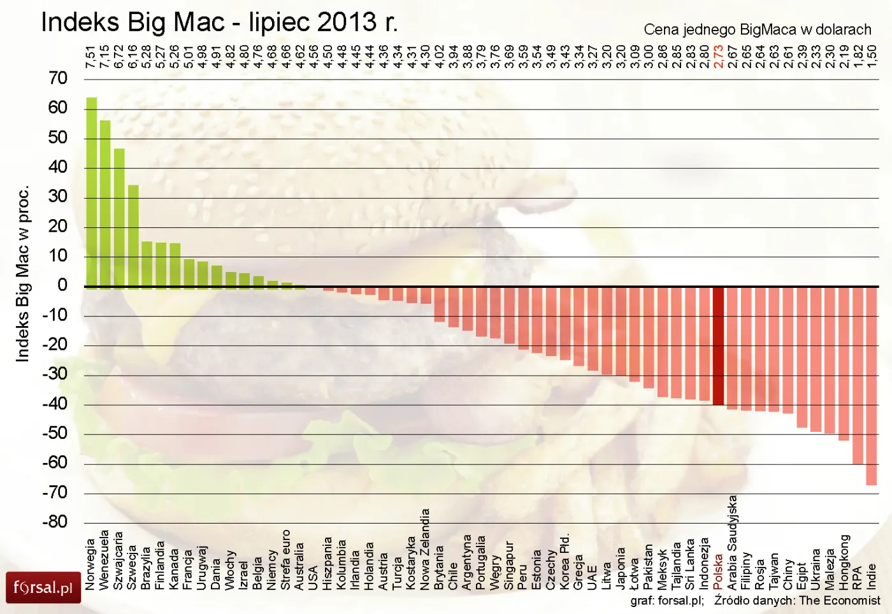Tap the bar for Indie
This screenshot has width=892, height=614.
(x=871, y=385)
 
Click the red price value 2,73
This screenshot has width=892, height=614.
(x=719, y=56)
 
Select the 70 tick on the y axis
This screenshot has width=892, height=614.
(x=58, y=78)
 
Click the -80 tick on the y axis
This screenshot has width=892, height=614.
(x=55, y=522)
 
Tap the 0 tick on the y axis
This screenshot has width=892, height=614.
(x=62, y=285)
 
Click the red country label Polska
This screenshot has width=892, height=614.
(x=719, y=571)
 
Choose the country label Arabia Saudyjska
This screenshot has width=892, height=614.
(x=733, y=542)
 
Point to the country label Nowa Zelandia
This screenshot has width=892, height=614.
(x=425, y=549)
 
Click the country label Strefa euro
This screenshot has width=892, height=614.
(x=285, y=559)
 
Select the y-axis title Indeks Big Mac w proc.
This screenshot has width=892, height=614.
(x=22, y=274)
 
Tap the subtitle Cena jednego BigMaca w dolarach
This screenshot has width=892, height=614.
(x=757, y=29)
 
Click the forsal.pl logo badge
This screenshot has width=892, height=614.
(x=43, y=587)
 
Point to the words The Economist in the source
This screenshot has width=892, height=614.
(x=839, y=600)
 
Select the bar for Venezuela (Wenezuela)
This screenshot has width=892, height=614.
(x=105, y=204)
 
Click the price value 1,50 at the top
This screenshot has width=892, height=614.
(x=872, y=56)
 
